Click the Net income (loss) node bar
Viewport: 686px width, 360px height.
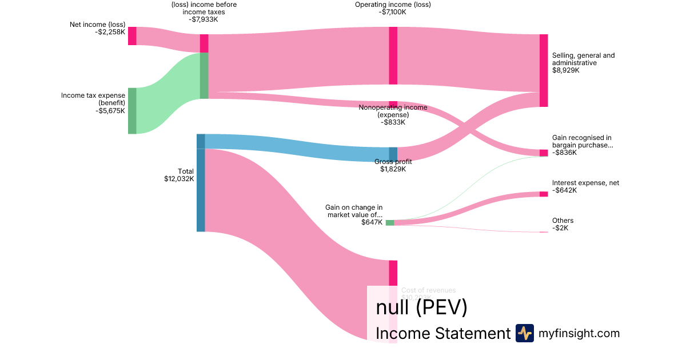coord(132,35)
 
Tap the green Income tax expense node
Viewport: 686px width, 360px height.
coord(132,110)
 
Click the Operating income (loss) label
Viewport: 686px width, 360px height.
coord(393,5)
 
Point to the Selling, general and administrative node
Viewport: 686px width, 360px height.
coord(543,70)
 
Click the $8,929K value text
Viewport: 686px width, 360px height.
coord(565,70)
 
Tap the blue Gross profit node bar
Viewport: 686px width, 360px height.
coord(393,154)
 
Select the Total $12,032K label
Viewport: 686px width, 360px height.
coord(179,175)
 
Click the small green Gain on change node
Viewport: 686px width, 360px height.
coord(389,222)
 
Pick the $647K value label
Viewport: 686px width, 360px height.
coord(372,223)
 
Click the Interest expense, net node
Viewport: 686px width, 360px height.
coord(543,194)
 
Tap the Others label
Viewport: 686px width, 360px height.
coord(563,221)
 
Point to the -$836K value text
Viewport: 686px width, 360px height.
coord(564,153)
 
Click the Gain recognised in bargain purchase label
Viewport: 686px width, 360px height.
coord(582,141)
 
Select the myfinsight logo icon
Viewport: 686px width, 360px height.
coord(524,333)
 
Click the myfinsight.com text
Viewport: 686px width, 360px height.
coord(579,333)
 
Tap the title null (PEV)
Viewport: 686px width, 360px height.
coord(421,307)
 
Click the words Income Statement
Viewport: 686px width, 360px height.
coord(442,333)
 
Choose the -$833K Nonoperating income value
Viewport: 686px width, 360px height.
coord(393,122)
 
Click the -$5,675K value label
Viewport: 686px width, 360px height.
coord(110,111)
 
